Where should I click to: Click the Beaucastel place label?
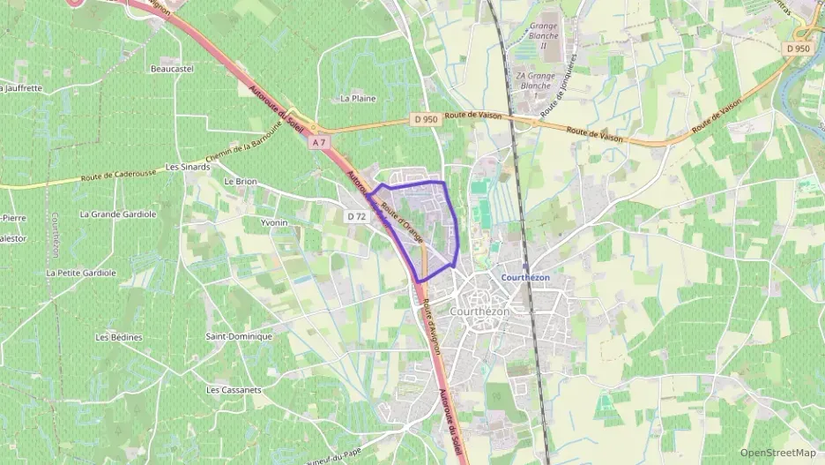pyautogui.click(x=171, y=68)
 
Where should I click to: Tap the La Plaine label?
pyautogui.click(x=358, y=98)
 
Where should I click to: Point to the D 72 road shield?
pyautogui.click(x=356, y=215)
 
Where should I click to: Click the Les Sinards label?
pyautogui.click(x=188, y=166)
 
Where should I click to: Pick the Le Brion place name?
pyautogui.click(x=240, y=181)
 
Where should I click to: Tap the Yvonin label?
pyautogui.click(x=274, y=222)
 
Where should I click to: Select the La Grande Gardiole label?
pyautogui.click(x=118, y=214)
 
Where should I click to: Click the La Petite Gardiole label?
pyautogui.click(x=81, y=273)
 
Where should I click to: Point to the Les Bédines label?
pyautogui.click(x=119, y=337)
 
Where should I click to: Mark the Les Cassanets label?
pyautogui.click(x=234, y=389)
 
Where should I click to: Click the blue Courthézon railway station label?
pyautogui.click(x=525, y=277)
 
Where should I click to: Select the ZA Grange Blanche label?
pyautogui.click(x=535, y=80)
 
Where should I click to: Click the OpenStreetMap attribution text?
pyautogui.click(x=778, y=453)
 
